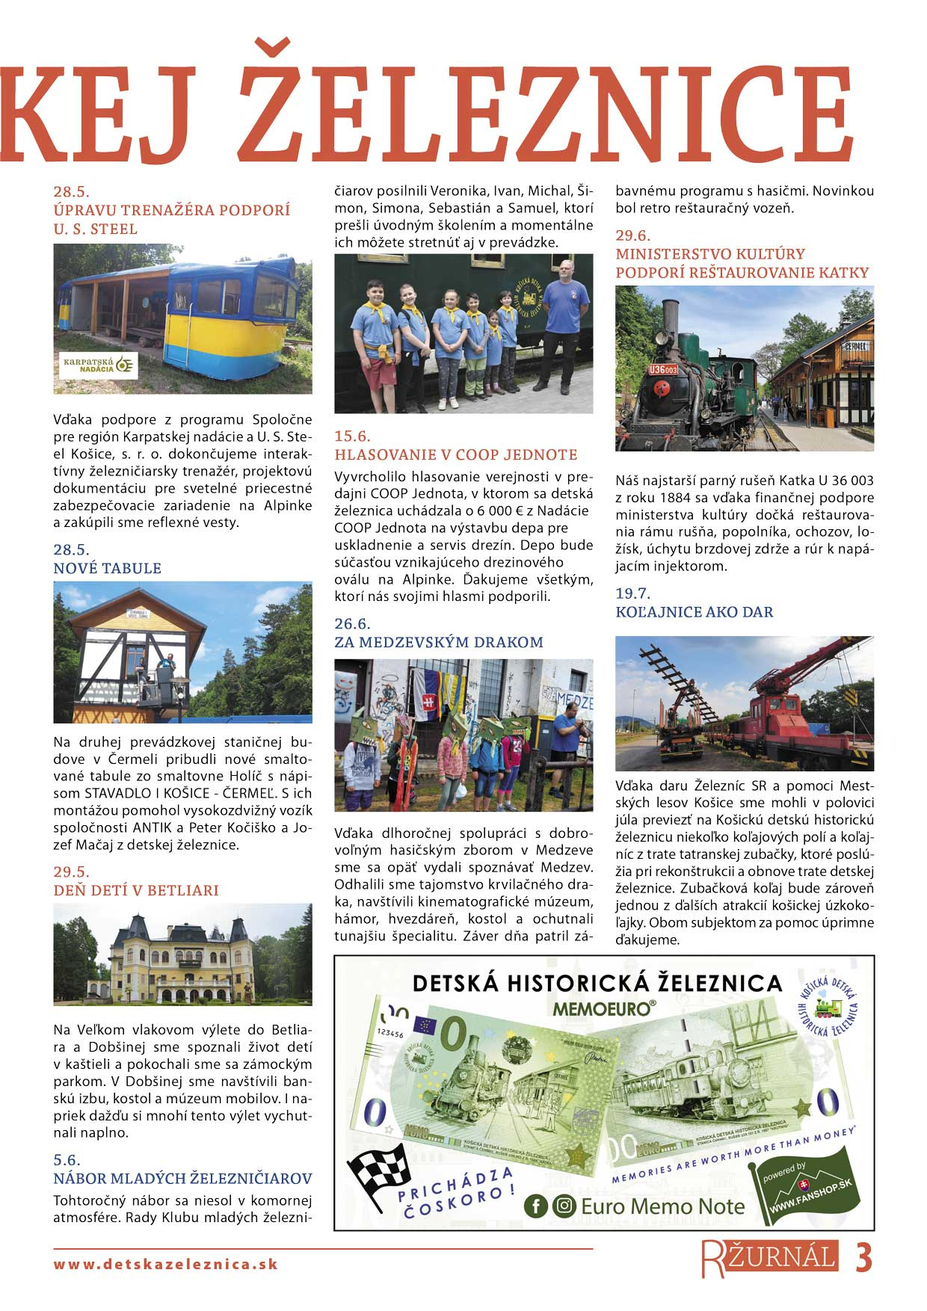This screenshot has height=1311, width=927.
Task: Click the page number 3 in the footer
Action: (x=863, y=1259)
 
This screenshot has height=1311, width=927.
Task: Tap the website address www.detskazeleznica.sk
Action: (x=165, y=1265)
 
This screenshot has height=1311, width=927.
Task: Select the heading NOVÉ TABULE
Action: (x=107, y=568)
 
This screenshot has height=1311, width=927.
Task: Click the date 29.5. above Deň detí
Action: (x=71, y=872)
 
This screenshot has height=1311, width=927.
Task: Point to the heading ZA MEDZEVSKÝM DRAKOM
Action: (x=439, y=642)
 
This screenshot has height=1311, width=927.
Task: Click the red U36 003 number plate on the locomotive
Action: (x=663, y=369)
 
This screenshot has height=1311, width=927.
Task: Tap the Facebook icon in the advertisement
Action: (x=535, y=1206)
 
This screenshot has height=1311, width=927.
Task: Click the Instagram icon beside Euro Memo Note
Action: (x=564, y=1206)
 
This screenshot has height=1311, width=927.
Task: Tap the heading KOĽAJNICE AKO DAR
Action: (x=694, y=612)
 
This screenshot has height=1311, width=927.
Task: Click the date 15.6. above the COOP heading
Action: (x=352, y=437)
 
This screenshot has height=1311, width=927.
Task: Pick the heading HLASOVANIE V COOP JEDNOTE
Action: (x=455, y=454)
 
